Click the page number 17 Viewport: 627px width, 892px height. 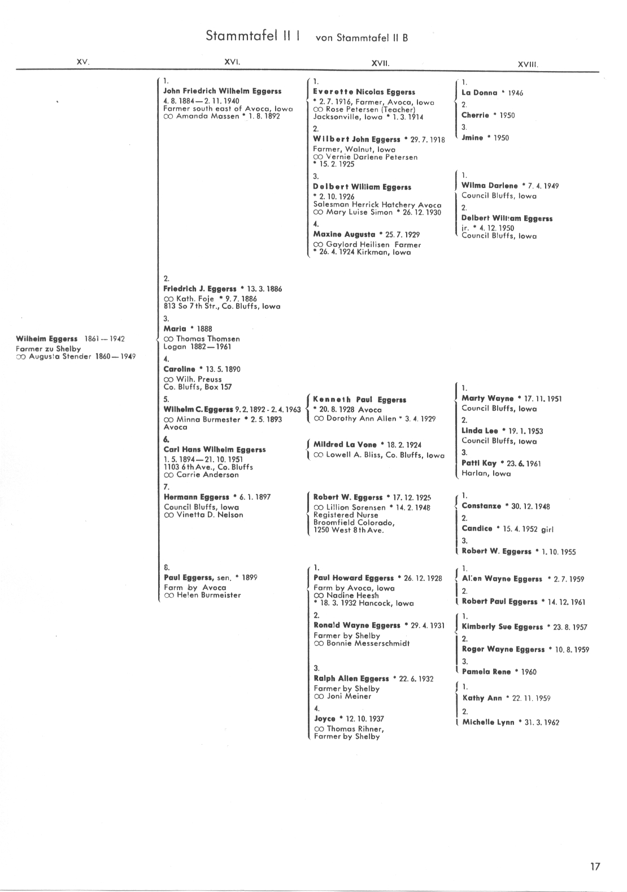(595, 867)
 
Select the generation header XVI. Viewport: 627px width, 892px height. (232, 63)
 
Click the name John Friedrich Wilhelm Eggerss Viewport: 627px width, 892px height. (222, 91)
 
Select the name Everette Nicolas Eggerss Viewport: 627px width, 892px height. (364, 92)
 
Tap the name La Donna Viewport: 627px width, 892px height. (480, 93)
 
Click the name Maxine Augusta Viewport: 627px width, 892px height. (344, 234)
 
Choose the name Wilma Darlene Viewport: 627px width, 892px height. (489, 186)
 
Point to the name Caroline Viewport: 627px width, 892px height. (179, 369)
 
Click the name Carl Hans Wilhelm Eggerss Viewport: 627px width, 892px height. (214, 450)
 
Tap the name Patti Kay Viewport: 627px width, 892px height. (479, 464)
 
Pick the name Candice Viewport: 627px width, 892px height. (477, 529)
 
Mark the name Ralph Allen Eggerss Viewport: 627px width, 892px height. (351, 679)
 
